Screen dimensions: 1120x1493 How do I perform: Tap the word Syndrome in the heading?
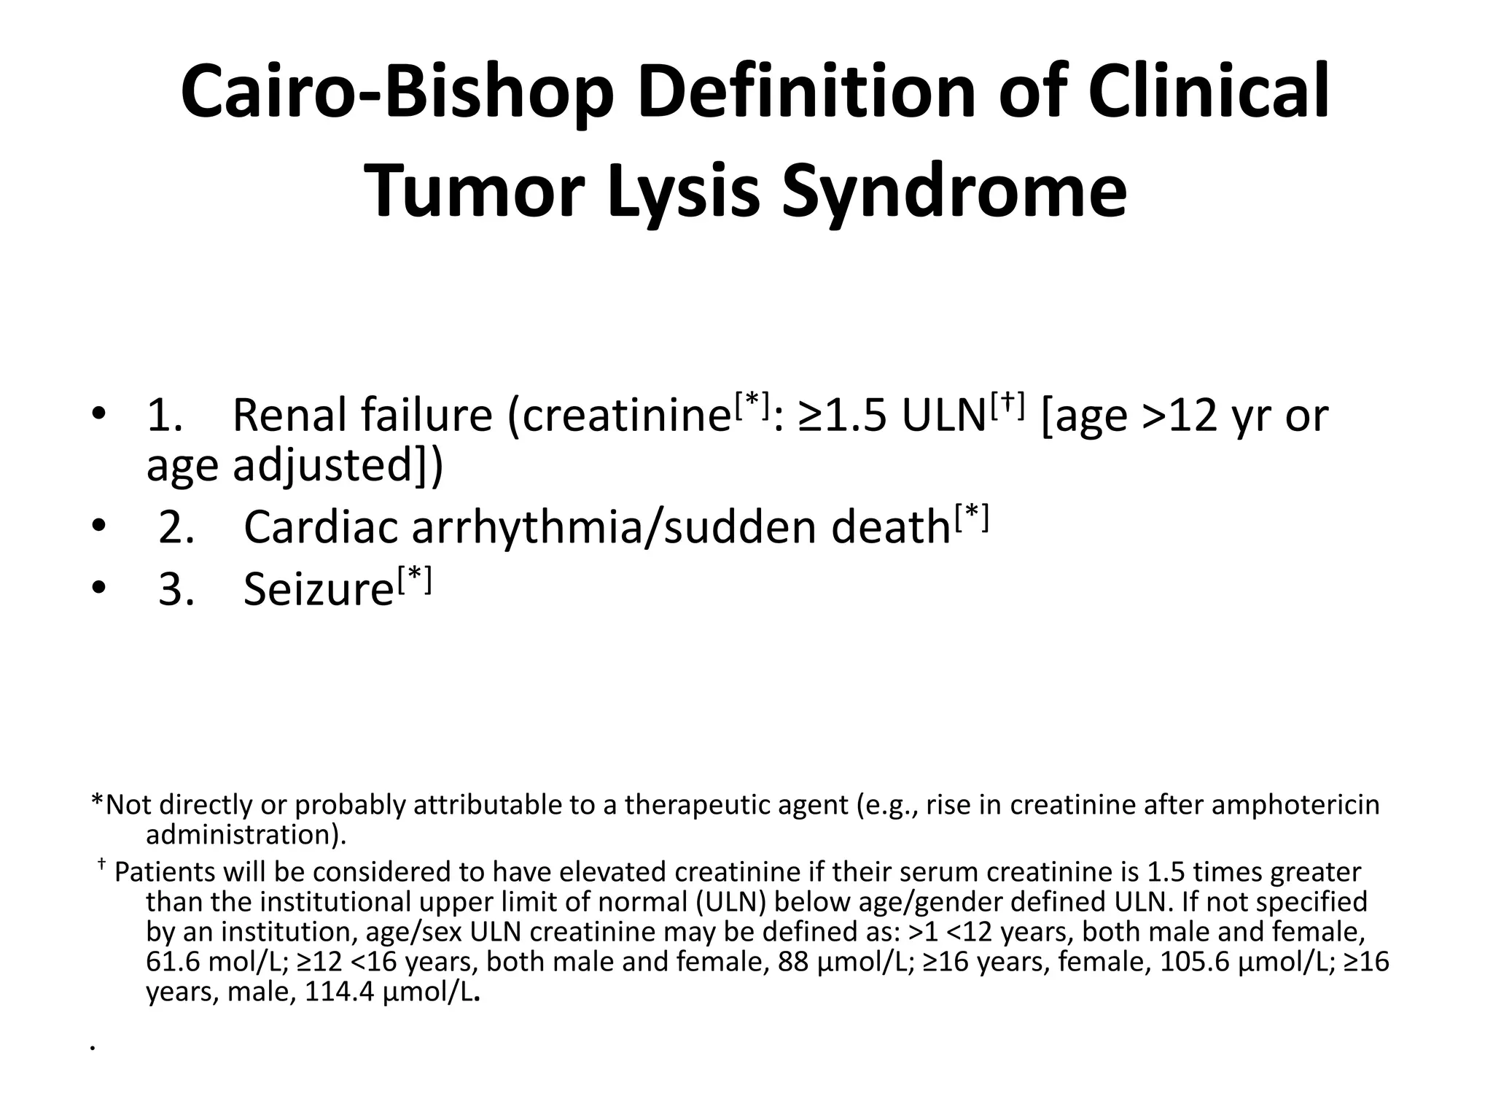click(954, 190)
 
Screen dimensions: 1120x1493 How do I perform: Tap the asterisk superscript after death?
click(971, 517)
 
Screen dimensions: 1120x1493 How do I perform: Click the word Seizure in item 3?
click(319, 588)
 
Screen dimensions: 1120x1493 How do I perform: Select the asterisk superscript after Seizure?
click(415, 580)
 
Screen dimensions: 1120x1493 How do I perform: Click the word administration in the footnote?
click(241, 834)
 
